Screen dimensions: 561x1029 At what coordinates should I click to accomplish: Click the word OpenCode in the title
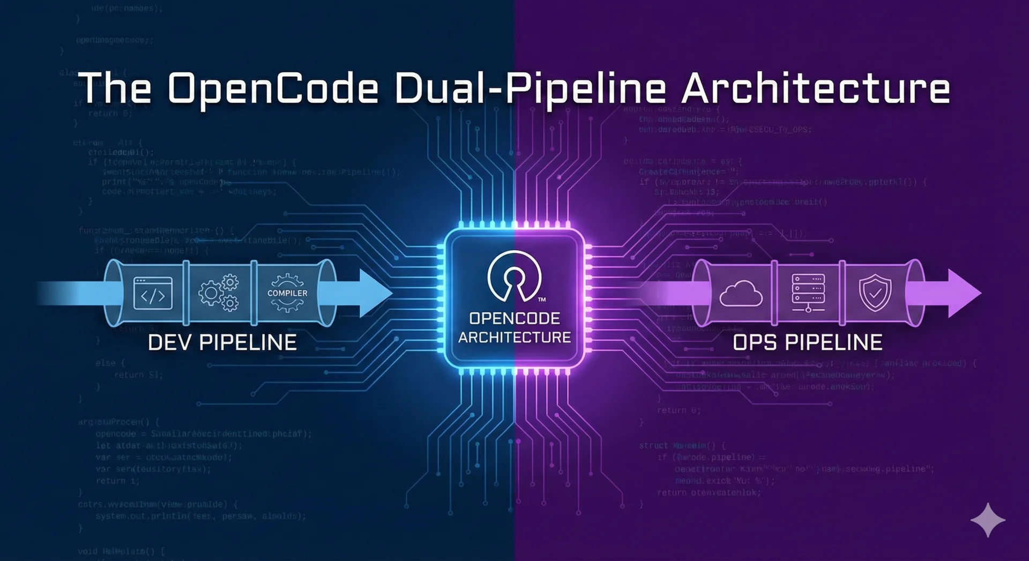[273, 88]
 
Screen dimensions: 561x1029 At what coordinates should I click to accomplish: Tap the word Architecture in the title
[816, 88]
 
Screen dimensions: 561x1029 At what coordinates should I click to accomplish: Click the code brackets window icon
[153, 294]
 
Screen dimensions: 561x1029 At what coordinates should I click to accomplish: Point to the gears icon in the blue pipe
[219, 293]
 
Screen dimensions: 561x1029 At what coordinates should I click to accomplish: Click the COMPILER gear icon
[287, 293]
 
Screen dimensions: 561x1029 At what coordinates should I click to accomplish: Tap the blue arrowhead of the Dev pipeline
[375, 293]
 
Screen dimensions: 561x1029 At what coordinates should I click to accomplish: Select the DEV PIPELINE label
[222, 342]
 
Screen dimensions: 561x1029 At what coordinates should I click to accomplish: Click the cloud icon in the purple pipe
[741, 294]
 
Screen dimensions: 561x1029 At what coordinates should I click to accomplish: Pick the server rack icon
[808, 293]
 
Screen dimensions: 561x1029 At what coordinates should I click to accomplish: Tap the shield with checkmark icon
[875, 293]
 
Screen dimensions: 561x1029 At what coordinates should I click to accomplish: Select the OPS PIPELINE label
[807, 342]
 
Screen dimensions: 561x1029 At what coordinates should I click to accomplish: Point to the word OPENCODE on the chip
[514, 318]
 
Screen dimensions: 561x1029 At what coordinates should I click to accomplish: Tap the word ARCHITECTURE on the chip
[514, 338]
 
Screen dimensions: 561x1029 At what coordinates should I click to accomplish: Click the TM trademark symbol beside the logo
[542, 300]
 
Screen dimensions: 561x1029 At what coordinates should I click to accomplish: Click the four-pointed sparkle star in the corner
[988, 520]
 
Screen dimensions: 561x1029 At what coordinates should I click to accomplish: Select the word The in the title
[115, 88]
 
